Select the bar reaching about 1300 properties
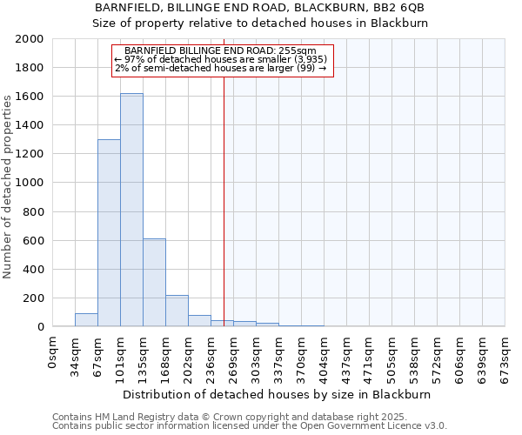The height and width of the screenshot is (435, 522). point(109,233)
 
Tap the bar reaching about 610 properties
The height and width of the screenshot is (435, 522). point(154,283)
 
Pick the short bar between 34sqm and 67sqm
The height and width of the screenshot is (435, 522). point(86,320)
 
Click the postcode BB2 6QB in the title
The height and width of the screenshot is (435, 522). point(399,8)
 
